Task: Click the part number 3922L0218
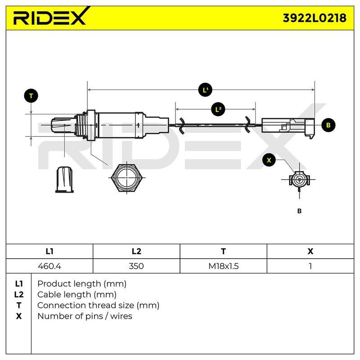[315, 18]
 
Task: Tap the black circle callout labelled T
[31, 96]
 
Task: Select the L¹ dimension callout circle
[205, 90]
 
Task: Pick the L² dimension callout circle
[218, 109]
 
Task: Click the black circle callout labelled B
[328, 125]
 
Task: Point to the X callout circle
[269, 160]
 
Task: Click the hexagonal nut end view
[127, 177]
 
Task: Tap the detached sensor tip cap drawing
[64, 180]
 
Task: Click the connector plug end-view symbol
[299, 180]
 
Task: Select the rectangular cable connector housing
[288, 128]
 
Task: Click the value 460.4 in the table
[49, 266]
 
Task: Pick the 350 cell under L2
[136, 266]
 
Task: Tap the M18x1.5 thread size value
[223, 266]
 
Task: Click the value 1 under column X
[310, 266]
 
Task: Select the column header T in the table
[223, 252]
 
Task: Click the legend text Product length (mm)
[82, 284]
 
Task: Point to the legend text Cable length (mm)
[76, 295]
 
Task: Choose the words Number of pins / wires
[85, 316]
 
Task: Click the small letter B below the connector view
[299, 211]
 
